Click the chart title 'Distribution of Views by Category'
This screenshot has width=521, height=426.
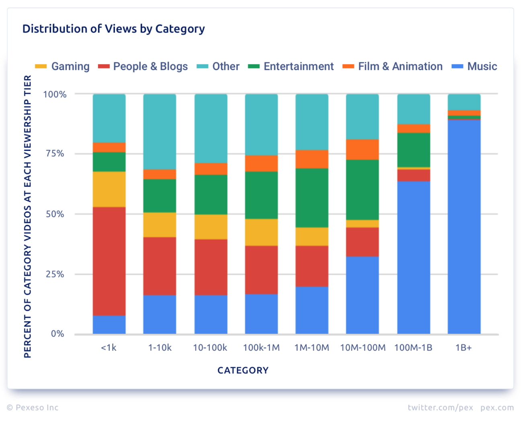coord(113,29)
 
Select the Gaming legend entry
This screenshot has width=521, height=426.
coord(62,66)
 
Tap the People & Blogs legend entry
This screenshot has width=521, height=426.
coord(143,66)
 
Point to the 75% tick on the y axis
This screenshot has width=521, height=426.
coord(55,154)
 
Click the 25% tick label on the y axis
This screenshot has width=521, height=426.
coord(55,274)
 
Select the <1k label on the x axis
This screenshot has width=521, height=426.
coord(109,348)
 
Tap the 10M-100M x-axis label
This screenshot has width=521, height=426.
coord(363,348)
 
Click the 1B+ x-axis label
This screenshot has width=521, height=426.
coord(464,348)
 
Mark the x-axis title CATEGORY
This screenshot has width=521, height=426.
coord(243,370)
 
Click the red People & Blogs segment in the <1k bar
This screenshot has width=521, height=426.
coord(109,261)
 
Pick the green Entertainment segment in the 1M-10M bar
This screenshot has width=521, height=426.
coord(312,198)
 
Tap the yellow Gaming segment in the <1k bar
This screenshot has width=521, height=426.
coord(109,189)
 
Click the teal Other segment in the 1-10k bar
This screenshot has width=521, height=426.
coord(160,132)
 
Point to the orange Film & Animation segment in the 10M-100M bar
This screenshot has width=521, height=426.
coord(362,150)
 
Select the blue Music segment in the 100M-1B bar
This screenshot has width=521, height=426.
coord(413,257)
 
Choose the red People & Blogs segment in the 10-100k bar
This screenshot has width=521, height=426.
coord(211,268)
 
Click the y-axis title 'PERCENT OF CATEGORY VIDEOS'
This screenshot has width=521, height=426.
coord(27,216)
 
